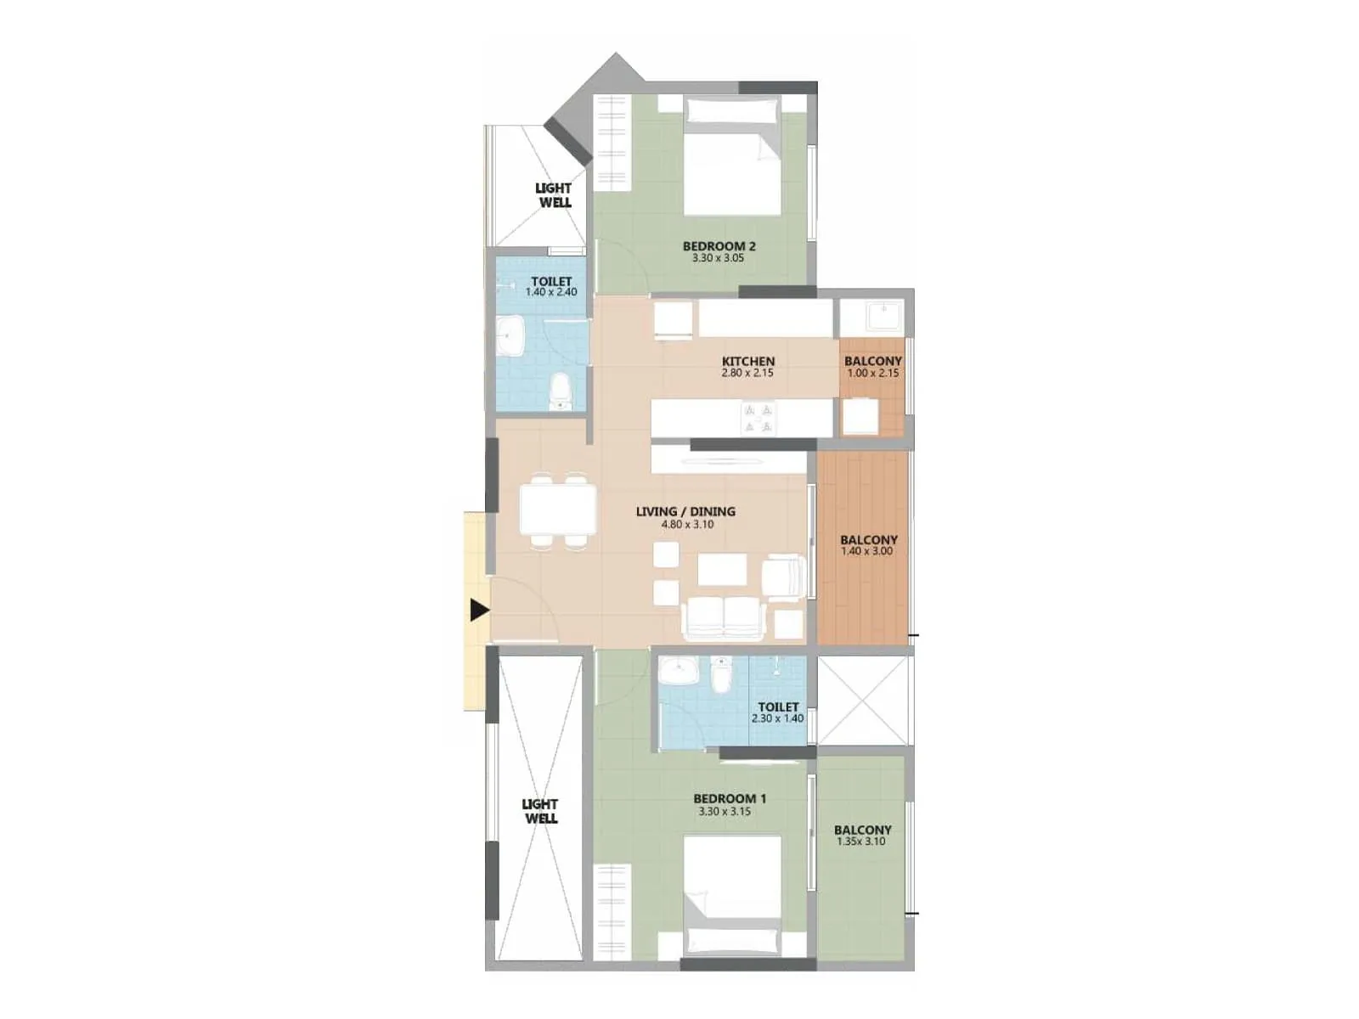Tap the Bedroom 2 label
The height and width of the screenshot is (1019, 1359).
[719, 246]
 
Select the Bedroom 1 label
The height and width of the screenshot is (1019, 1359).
[730, 798]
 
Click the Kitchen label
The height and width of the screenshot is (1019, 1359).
[748, 361]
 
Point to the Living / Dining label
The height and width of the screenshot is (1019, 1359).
[685, 511]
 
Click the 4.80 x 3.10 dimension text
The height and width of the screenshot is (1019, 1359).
[687, 525]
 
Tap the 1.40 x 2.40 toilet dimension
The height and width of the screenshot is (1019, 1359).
[550, 292]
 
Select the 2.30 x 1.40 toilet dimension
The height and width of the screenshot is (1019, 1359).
[777, 718]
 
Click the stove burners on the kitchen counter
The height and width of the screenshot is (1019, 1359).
[758, 418]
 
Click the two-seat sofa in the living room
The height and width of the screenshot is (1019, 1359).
[723, 617]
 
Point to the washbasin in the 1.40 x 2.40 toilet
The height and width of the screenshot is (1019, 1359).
[510, 338]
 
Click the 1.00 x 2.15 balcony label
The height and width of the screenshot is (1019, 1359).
[872, 367]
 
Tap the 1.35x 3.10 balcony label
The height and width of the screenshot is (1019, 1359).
[862, 836]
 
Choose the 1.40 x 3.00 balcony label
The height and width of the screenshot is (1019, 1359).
[867, 545]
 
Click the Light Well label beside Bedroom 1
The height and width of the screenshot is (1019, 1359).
[540, 811]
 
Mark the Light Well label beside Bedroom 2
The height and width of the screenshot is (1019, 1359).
[554, 195]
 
